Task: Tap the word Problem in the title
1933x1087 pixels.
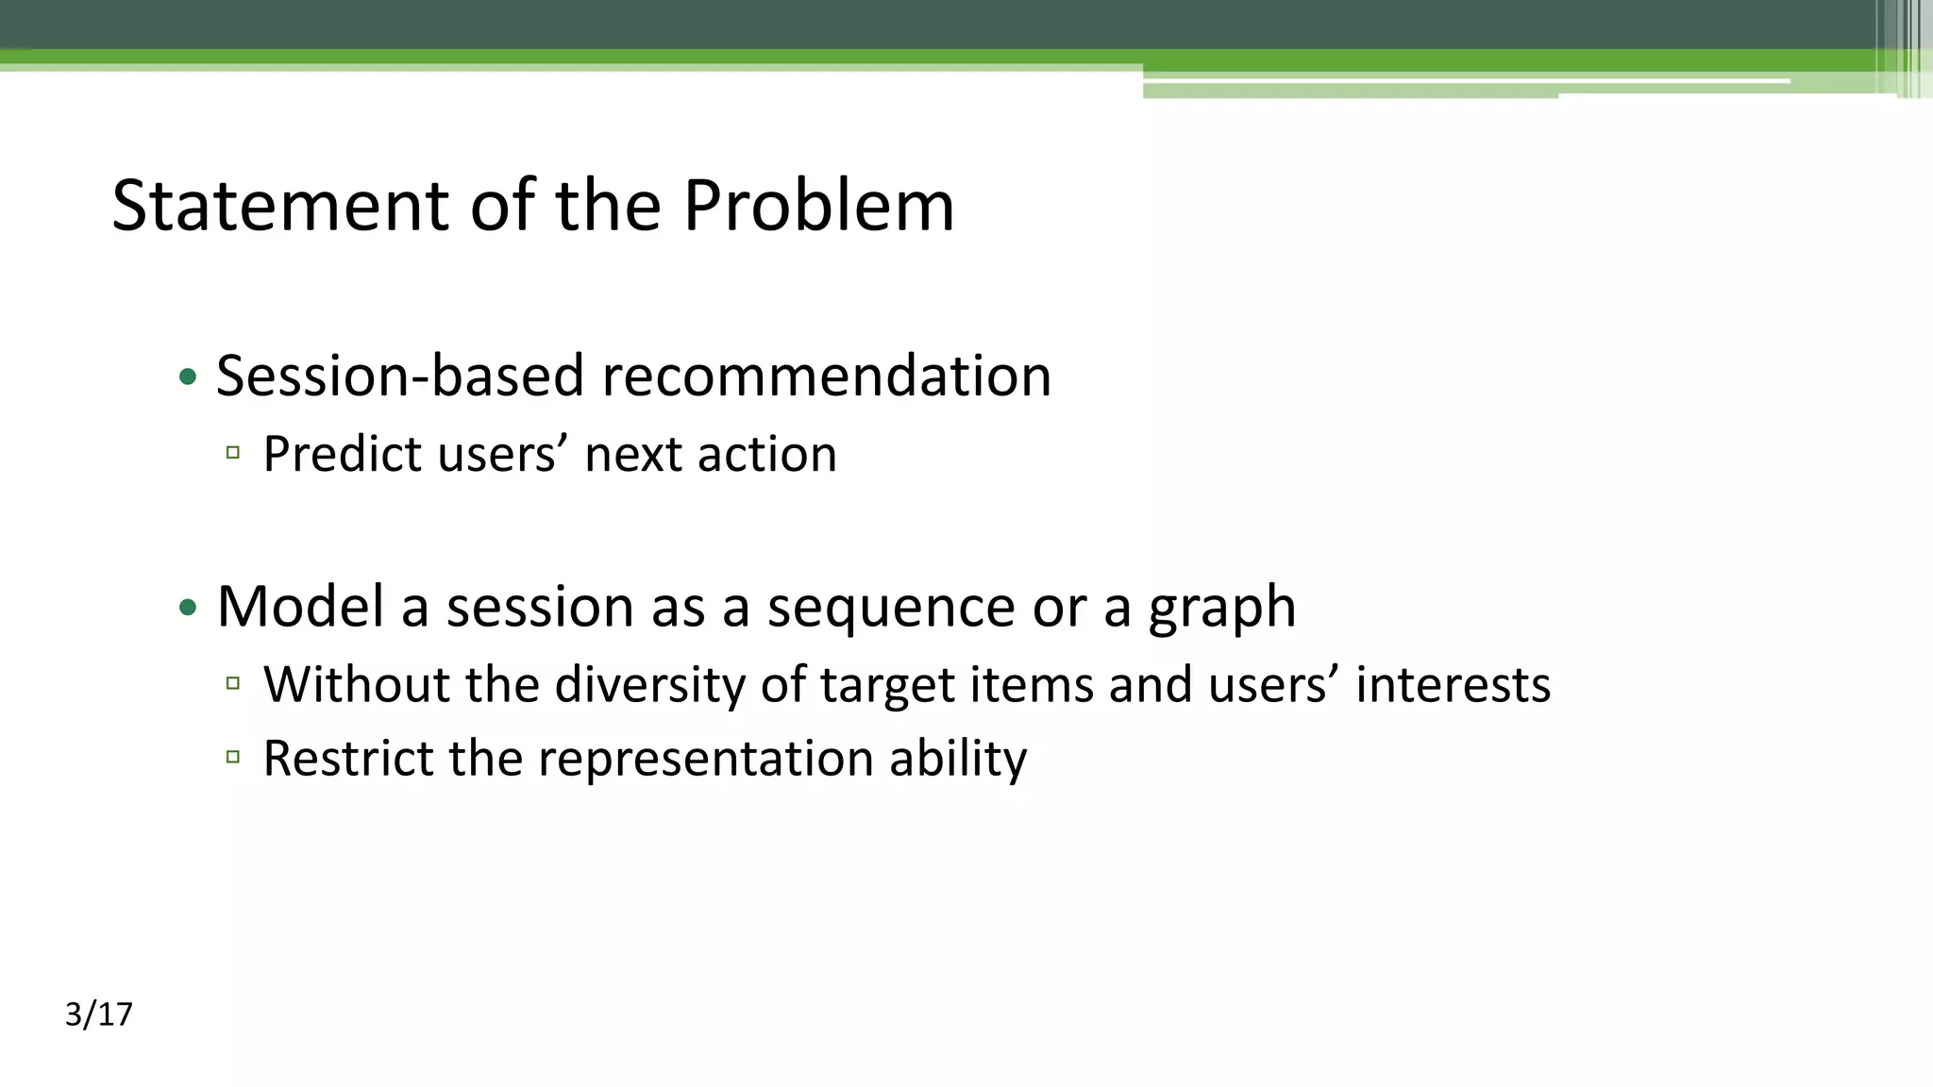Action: (818, 205)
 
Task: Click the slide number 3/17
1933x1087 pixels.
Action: (99, 1014)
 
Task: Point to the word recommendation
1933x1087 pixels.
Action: (826, 376)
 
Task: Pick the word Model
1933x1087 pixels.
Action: (300, 606)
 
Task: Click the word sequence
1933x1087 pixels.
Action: (890, 606)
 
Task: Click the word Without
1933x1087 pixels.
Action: (356, 684)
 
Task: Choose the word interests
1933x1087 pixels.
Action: (1453, 684)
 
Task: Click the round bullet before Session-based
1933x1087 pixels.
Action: (188, 377)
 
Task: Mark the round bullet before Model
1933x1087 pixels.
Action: (188, 608)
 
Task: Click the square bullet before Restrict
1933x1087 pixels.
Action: (233, 757)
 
